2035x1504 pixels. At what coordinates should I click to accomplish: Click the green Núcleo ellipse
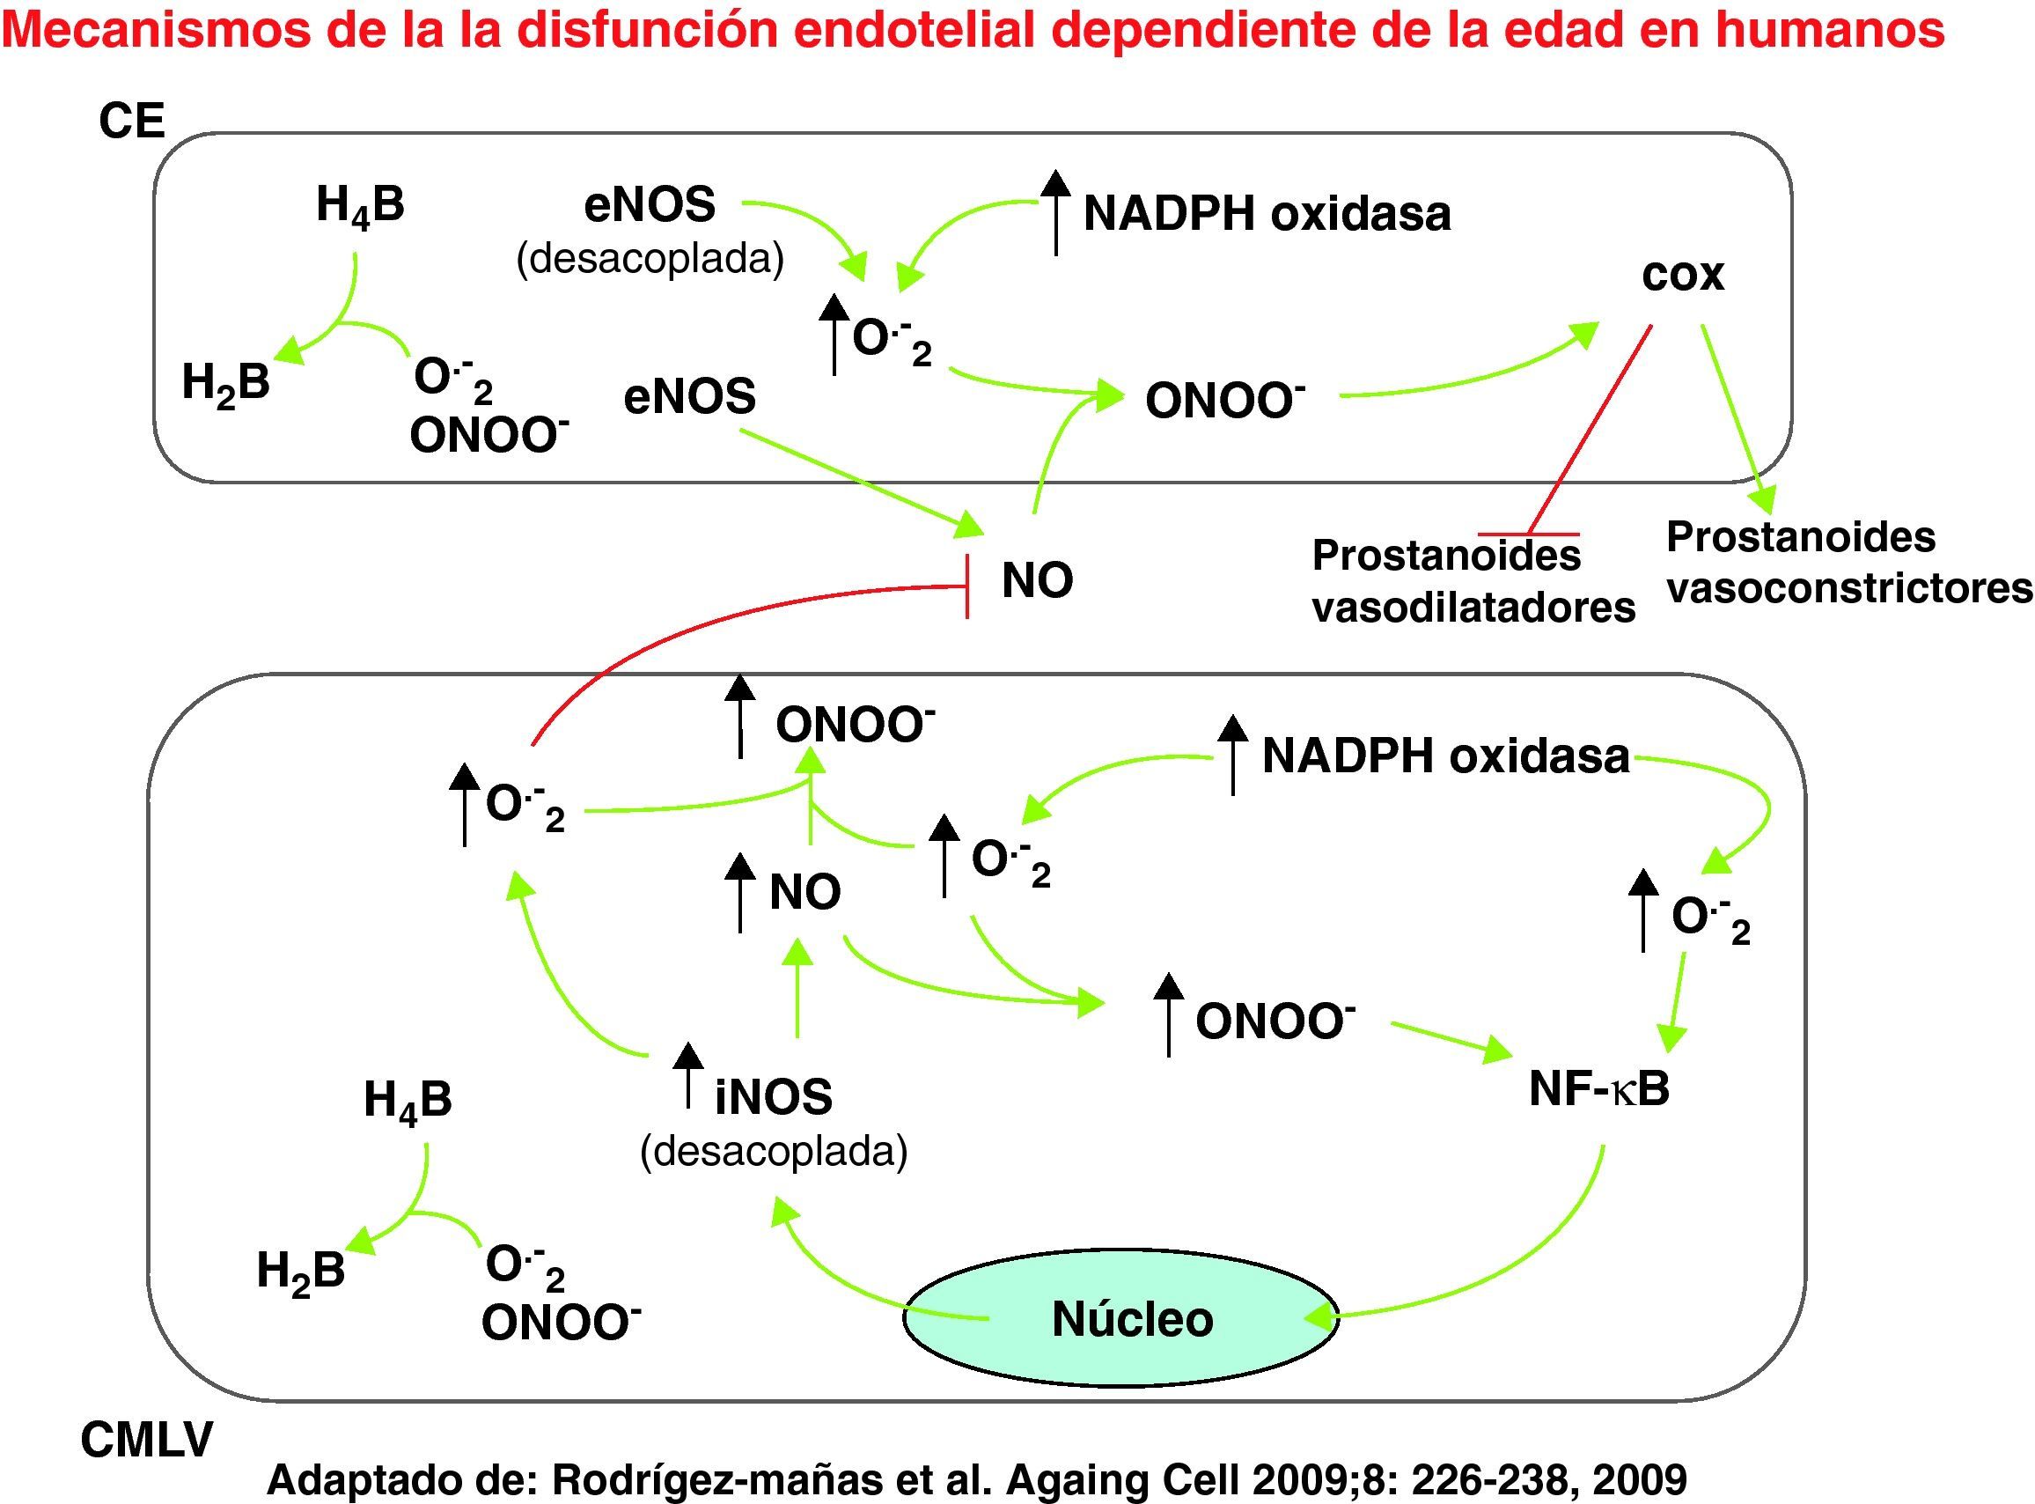tap(1120, 1316)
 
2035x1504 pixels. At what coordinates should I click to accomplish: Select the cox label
tap(1682, 275)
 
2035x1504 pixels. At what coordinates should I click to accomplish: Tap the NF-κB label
tap(1599, 1089)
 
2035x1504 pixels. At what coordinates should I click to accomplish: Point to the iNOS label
tap(773, 1096)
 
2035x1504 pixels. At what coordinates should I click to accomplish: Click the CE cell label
tap(132, 122)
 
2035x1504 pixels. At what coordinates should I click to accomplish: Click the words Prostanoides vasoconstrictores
tap(1848, 563)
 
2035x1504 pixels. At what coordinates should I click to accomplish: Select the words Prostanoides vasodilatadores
tap(1473, 582)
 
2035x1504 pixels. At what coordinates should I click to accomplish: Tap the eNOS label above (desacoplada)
tap(649, 205)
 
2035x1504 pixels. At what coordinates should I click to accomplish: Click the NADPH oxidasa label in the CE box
tap(1266, 215)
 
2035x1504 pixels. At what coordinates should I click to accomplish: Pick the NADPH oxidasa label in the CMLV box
tap(1445, 756)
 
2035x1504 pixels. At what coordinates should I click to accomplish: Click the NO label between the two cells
tap(1037, 580)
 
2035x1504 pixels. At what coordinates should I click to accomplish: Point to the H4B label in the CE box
tap(359, 205)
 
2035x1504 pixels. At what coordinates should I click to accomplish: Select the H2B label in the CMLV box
tap(300, 1270)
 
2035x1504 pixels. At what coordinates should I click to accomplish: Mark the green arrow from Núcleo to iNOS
tap(847, 1284)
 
